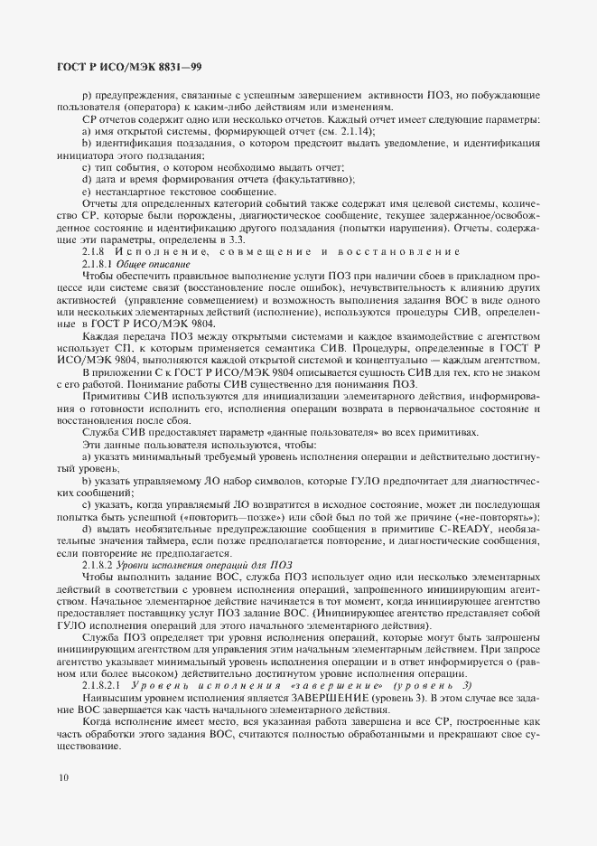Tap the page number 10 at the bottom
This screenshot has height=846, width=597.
click(62, 776)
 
